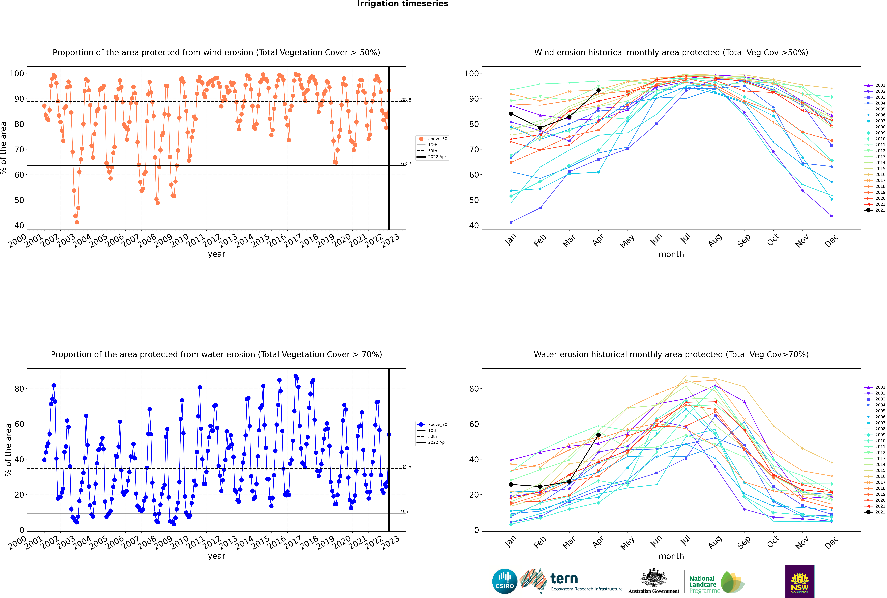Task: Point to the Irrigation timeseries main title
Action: click(x=403, y=4)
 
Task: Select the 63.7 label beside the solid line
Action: click(x=406, y=164)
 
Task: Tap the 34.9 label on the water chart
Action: click(x=406, y=466)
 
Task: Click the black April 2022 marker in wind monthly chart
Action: click(x=598, y=90)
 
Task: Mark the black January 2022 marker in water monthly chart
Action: click(x=511, y=484)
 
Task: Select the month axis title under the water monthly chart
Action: click(x=671, y=556)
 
